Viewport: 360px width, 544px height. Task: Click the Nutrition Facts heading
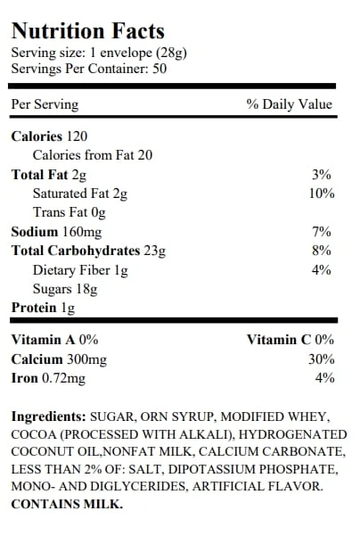tap(87, 30)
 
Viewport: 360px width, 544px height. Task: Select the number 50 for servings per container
tap(160, 69)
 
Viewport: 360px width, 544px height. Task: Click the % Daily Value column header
tap(290, 104)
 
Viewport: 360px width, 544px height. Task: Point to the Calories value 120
tap(77, 136)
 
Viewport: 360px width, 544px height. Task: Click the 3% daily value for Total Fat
tap(321, 174)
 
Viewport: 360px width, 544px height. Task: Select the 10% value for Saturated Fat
tap(322, 194)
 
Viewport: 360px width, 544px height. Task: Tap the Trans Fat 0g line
tap(69, 212)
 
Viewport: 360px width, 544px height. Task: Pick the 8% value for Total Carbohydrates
tap(321, 250)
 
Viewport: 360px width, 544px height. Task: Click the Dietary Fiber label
tap(71, 270)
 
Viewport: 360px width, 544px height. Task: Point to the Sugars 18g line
tap(65, 289)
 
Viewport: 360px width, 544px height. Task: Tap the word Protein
tap(34, 308)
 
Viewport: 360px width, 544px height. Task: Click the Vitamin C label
tap(279, 340)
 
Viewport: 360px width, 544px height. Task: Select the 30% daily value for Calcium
tap(322, 359)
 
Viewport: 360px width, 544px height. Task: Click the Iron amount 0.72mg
tap(63, 378)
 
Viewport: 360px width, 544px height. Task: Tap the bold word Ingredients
tap(48, 416)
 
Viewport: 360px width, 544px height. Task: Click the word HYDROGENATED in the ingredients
tap(292, 434)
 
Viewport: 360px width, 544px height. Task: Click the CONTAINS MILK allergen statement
tap(67, 504)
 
